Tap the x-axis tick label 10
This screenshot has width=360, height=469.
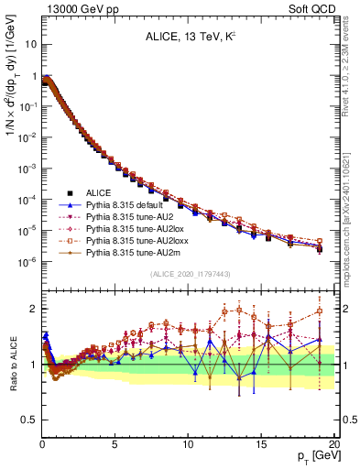(x=188, y=445)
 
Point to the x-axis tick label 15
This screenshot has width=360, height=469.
(x=261, y=445)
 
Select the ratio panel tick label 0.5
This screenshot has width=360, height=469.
(x=27, y=420)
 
